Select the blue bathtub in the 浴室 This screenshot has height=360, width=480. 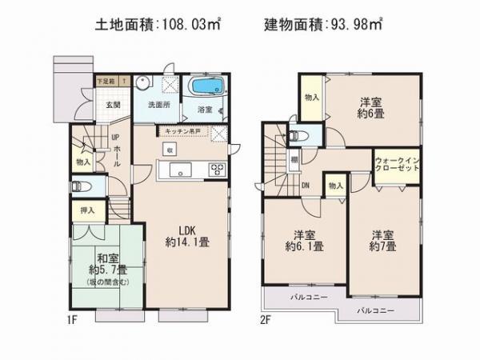click(x=206, y=86)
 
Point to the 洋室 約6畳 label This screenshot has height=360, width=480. click(x=369, y=108)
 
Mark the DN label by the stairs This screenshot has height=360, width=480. click(x=306, y=185)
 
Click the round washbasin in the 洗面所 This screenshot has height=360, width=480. click(x=142, y=82)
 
